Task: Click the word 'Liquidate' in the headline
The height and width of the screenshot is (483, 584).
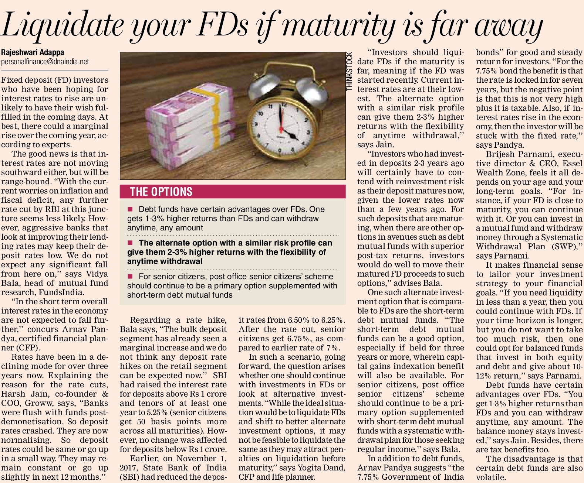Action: [x=63, y=25]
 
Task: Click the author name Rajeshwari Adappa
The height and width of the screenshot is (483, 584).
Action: [x=33, y=52]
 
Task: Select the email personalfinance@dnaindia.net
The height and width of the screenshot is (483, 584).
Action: [x=45, y=62]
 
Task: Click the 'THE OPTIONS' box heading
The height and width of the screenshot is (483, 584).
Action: [x=161, y=192]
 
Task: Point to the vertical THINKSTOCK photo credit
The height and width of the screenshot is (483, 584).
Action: [x=350, y=72]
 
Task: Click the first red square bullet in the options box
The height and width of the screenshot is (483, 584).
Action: [x=130, y=209]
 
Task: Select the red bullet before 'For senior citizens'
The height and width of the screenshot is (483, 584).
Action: [x=130, y=276]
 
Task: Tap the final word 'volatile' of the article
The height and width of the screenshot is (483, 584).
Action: [x=490, y=477]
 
